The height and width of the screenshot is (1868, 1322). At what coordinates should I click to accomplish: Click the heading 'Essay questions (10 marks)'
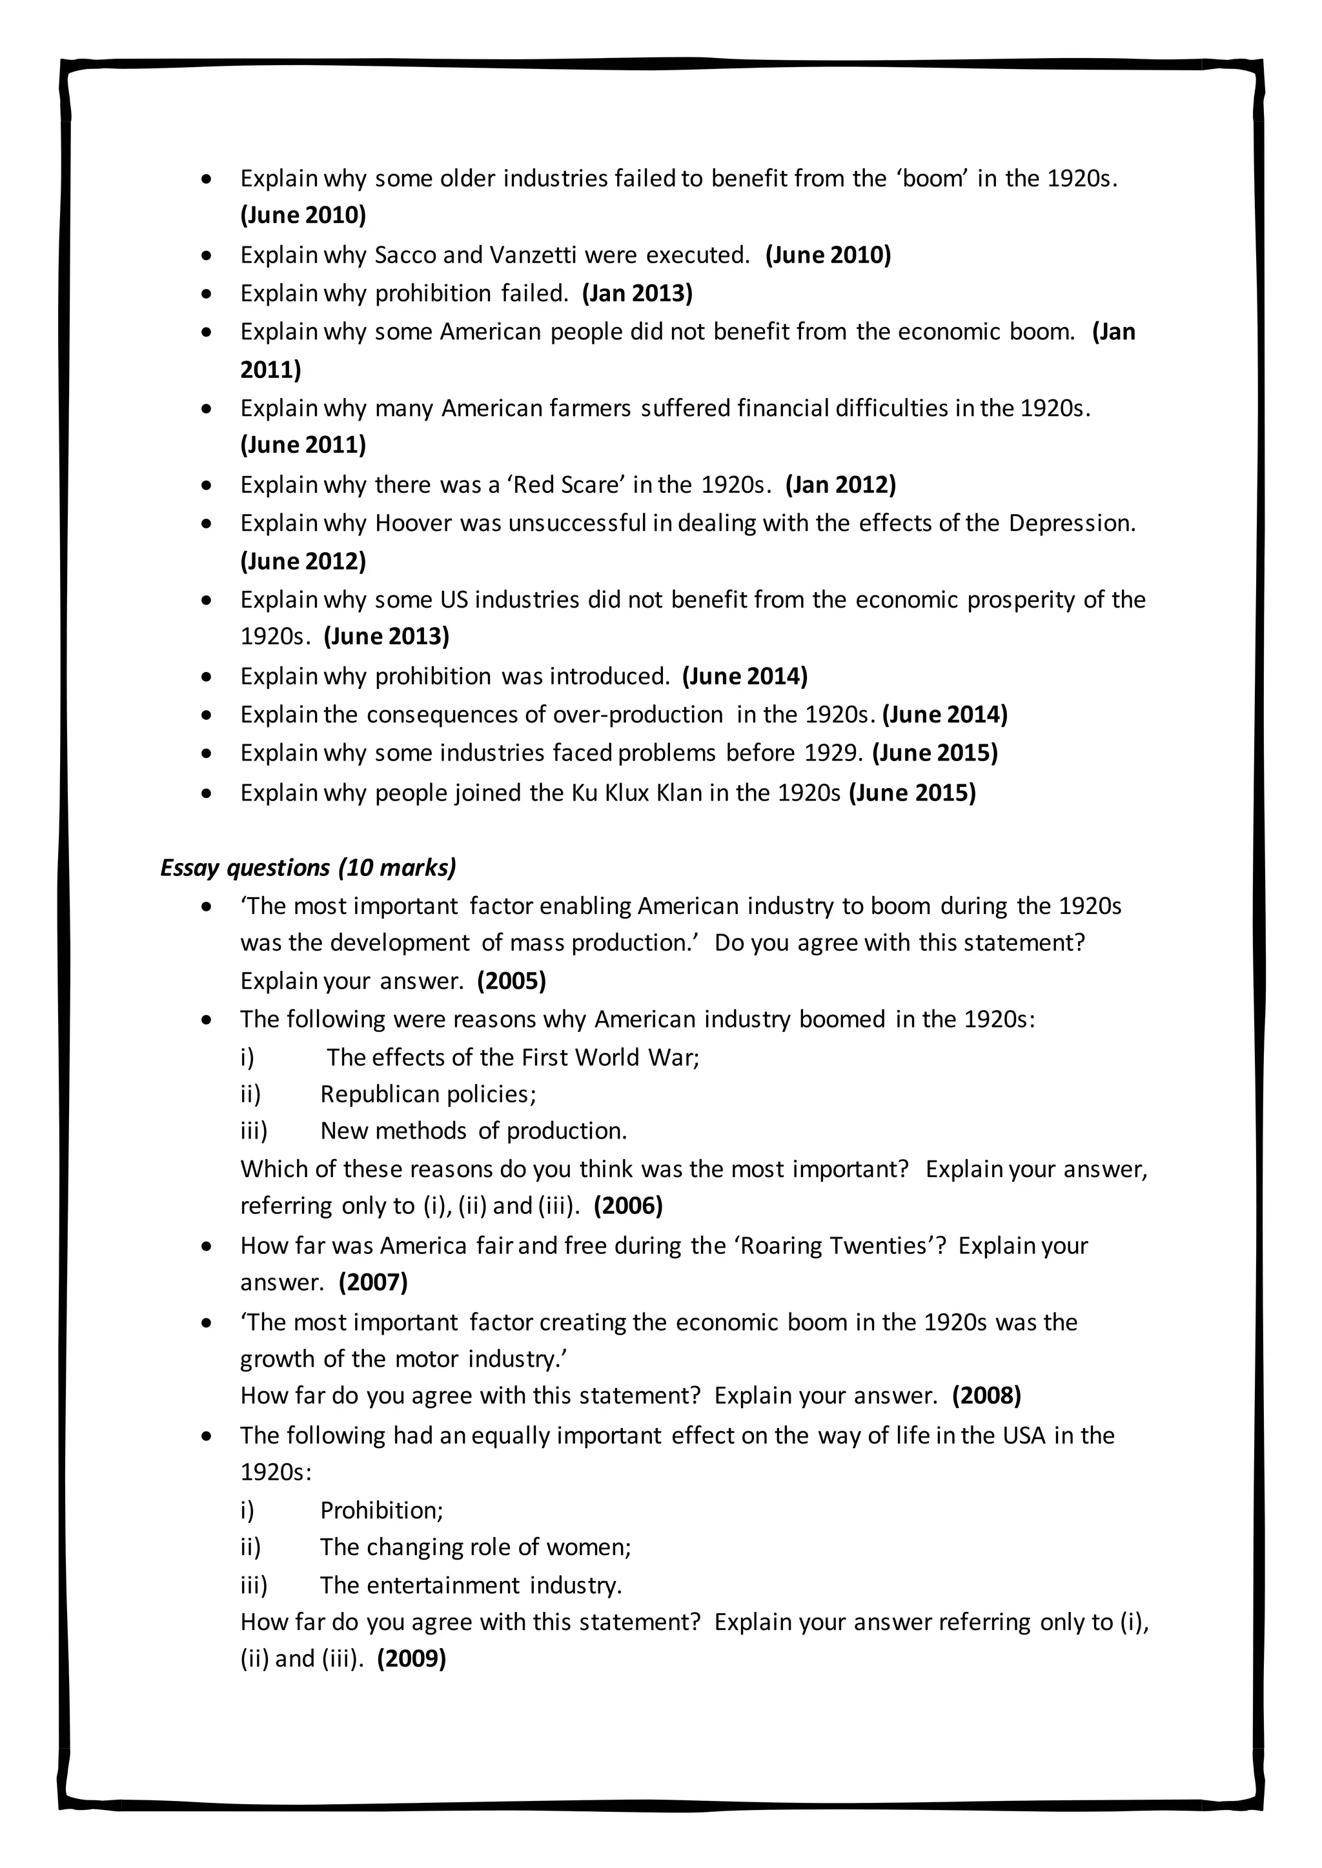click(308, 868)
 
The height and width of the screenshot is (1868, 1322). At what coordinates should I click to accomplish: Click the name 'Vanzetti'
click(533, 255)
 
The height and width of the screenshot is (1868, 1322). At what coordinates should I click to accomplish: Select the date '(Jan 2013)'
click(637, 293)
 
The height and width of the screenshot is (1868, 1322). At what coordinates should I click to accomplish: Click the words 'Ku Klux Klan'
click(636, 793)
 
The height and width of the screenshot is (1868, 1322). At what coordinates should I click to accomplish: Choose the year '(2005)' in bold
click(511, 980)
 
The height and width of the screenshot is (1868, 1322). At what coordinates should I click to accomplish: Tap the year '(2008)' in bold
click(986, 1395)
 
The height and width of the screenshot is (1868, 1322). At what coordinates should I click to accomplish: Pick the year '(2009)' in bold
click(411, 1658)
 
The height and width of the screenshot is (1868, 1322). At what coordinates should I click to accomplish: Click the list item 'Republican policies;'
click(428, 1093)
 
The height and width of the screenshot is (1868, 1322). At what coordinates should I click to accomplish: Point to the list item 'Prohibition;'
click(381, 1510)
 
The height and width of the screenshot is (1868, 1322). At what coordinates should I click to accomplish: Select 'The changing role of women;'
click(475, 1547)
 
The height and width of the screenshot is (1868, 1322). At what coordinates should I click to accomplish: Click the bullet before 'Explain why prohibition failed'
click(208, 293)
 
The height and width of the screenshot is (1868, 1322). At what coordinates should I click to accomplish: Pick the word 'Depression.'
click(1072, 522)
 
